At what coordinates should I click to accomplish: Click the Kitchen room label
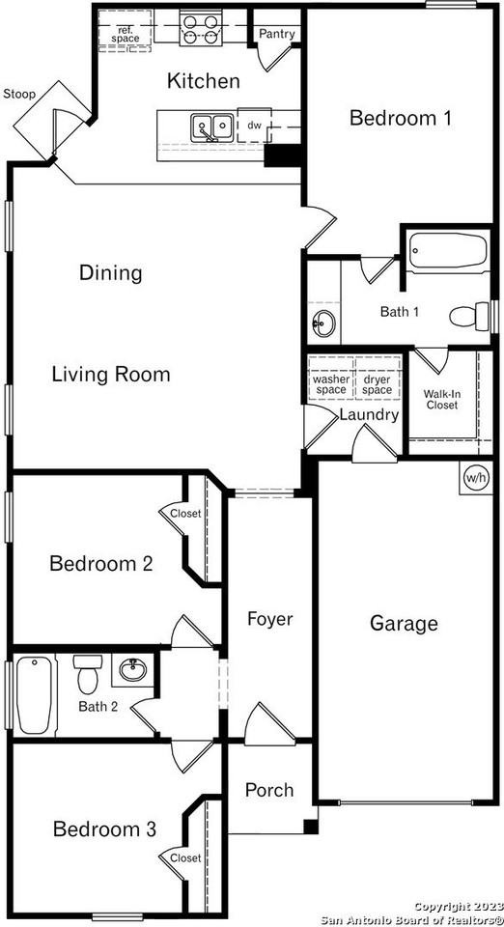(203, 81)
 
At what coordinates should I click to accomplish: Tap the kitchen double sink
(211, 126)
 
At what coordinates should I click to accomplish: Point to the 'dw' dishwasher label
(254, 126)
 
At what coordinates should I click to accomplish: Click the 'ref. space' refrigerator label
(125, 33)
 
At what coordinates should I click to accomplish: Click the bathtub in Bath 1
(447, 251)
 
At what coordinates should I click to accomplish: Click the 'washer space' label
(330, 384)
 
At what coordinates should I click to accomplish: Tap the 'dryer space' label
(377, 384)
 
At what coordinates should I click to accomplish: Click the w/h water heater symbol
(476, 477)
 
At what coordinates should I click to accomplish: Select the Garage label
(404, 624)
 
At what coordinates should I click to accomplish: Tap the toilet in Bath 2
(88, 672)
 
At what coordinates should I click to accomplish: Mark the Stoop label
(19, 94)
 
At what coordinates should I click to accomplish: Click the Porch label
(268, 790)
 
